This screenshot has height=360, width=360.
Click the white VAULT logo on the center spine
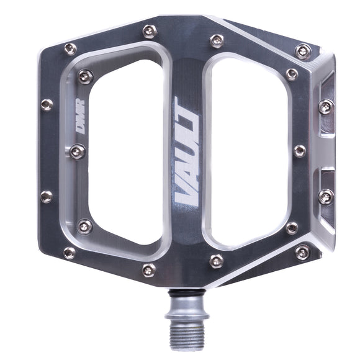point(186,152)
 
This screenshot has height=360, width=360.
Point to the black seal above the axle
point(186,292)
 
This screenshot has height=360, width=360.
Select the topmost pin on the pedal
point(149,30)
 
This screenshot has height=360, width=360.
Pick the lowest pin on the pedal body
point(148,269)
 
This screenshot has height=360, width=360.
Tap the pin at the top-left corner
point(70,48)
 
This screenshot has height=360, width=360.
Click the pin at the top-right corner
point(302,51)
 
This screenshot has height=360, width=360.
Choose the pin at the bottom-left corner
point(70,253)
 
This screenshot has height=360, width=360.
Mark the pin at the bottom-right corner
point(302,252)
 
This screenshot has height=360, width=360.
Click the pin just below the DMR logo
point(78,151)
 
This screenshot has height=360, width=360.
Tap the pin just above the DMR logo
point(85,76)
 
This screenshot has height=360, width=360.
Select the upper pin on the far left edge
point(47,104)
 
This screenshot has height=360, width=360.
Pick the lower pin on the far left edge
point(47,197)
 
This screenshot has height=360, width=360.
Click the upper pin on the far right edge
point(326,107)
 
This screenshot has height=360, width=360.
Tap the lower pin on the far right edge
point(326,197)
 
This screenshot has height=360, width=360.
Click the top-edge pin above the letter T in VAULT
point(217,41)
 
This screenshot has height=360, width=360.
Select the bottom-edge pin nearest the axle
point(217,261)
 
